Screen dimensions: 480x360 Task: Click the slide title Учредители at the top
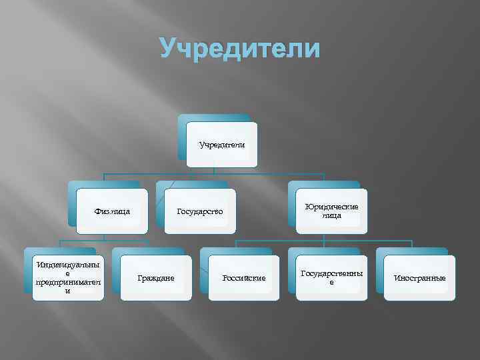point(240,49)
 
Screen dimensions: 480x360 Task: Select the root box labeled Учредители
point(221,144)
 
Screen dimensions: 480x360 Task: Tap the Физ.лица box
point(112,211)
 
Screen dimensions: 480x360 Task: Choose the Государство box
point(200,211)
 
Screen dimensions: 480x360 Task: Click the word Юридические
point(331,207)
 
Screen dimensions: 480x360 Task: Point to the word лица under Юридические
point(331,215)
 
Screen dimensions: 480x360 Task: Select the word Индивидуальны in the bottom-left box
point(68,265)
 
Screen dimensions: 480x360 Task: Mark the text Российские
point(244,277)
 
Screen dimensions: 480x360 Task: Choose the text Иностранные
point(420,277)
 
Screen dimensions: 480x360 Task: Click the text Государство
point(200,211)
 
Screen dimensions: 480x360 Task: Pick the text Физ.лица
point(112,211)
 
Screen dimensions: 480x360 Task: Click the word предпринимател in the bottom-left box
point(68,282)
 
